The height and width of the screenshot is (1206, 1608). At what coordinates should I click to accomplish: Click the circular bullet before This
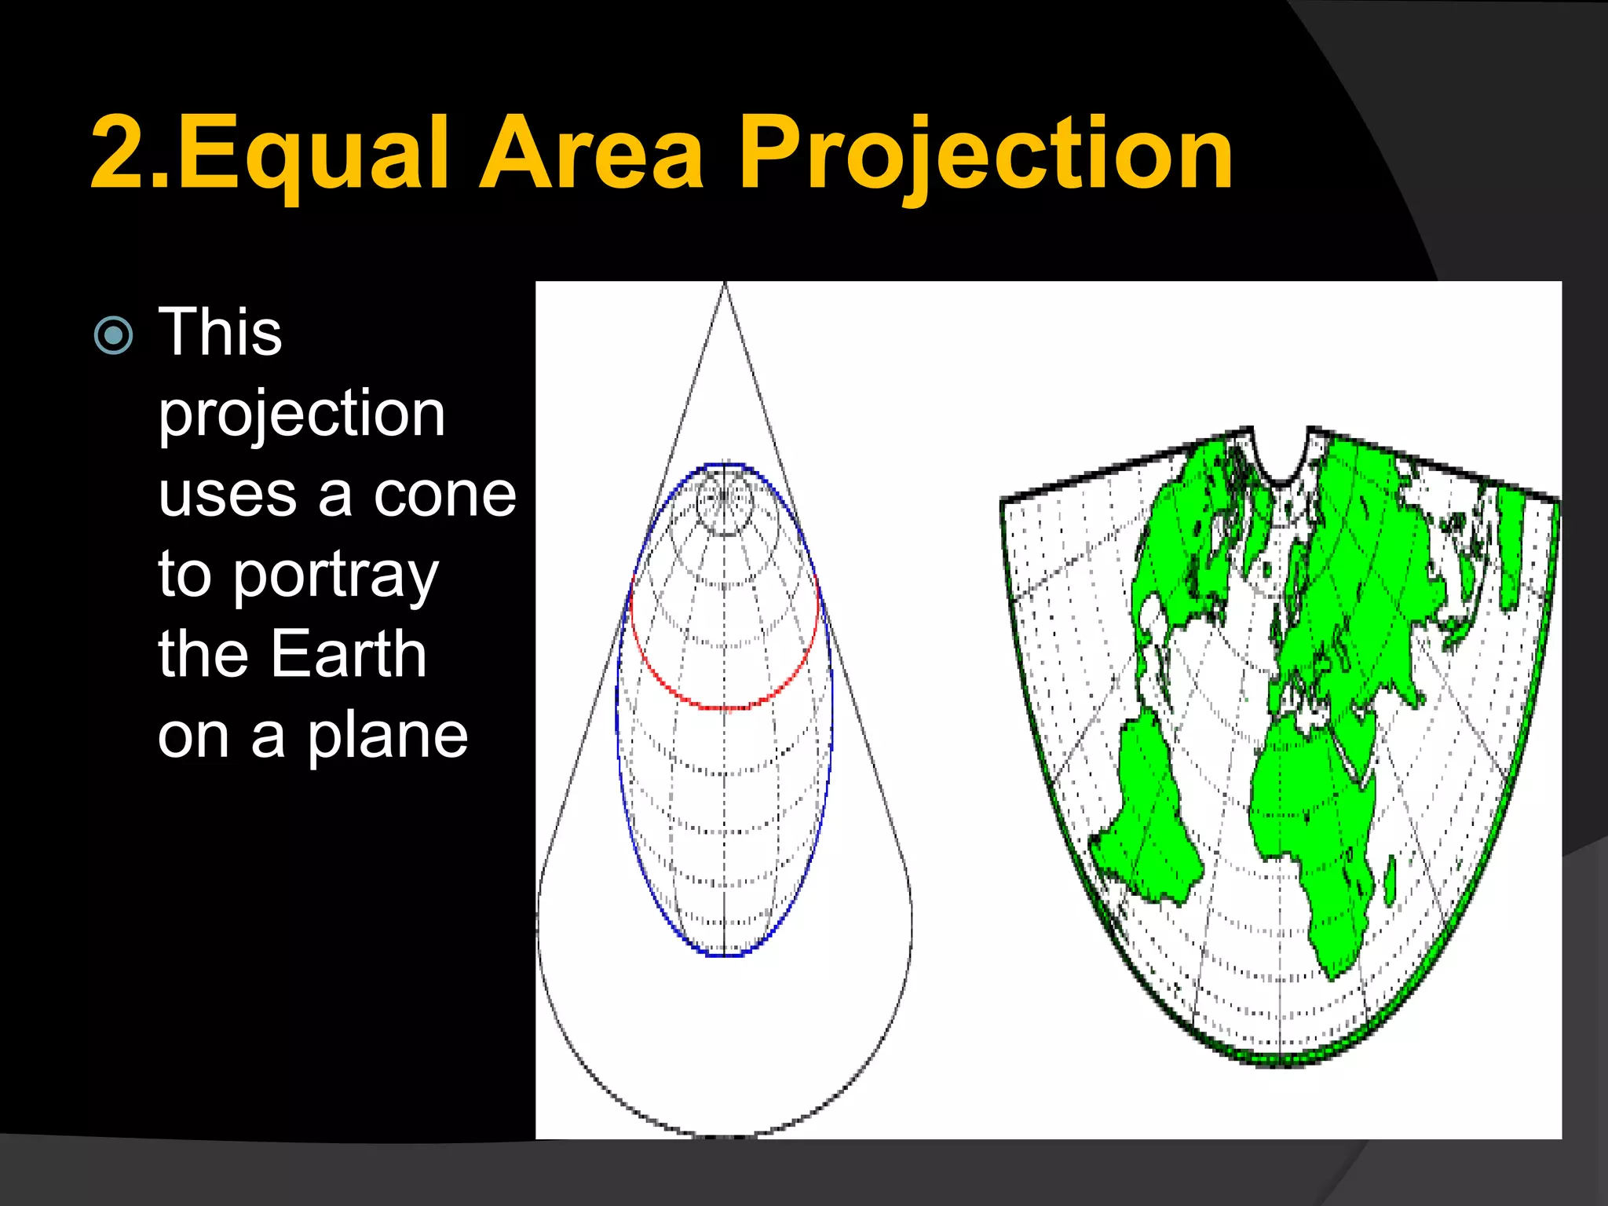click(x=113, y=336)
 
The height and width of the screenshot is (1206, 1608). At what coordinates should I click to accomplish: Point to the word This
click(x=220, y=333)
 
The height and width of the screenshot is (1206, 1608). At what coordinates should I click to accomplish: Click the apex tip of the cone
click(x=725, y=284)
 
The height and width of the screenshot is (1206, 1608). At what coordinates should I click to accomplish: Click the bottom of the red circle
click(x=725, y=707)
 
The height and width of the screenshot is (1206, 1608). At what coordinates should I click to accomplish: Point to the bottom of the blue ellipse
click(x=724, y=955)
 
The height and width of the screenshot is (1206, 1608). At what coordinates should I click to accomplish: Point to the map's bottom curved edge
click(x=1280, y=1062)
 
